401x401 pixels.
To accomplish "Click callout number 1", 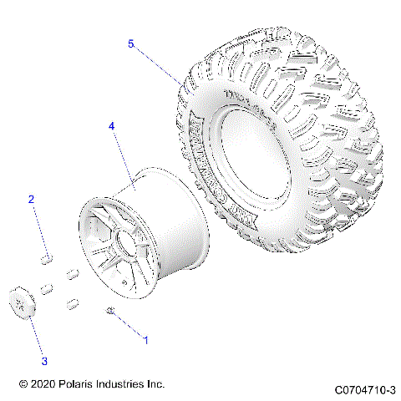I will click(147, 341).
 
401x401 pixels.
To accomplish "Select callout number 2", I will click(32, 200).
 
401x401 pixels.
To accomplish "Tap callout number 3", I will click(45, 361).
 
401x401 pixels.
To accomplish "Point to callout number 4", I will click(112, 126).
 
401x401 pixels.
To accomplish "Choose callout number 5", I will click(131, 43).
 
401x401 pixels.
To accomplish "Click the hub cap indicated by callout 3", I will click(21, 302).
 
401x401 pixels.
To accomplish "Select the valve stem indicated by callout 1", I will click(110, 311).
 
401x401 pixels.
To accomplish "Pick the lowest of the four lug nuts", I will click(73, 302).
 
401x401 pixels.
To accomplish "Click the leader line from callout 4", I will click(125, 159).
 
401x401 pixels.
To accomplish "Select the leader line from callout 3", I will click(34, 335).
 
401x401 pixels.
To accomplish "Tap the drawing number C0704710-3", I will click(365, 389).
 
